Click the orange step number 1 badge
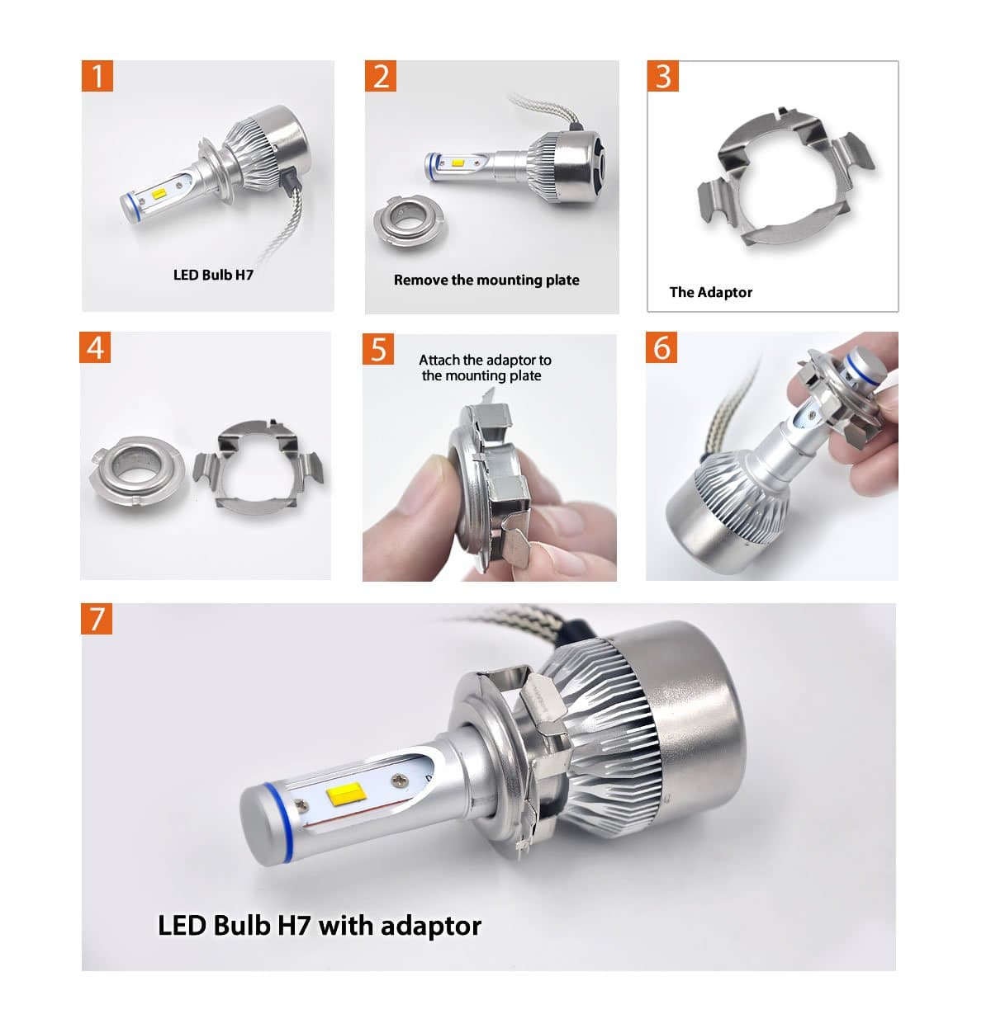pos(97,76)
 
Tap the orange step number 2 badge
pos(381,76)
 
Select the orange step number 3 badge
pos(663,76)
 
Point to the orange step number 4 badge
pos(96,347)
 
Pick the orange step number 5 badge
pos(378,349)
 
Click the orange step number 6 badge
pos(661,347)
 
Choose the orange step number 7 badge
pos(97,618)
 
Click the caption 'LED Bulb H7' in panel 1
pos(213,275)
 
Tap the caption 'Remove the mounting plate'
pos(486,280)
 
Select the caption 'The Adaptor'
pos(710,292)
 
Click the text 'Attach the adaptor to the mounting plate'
pos(484,368)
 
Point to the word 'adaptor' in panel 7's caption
pos(430,925)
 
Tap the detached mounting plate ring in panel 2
pos(408,219)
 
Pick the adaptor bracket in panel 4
pos(258,467)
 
